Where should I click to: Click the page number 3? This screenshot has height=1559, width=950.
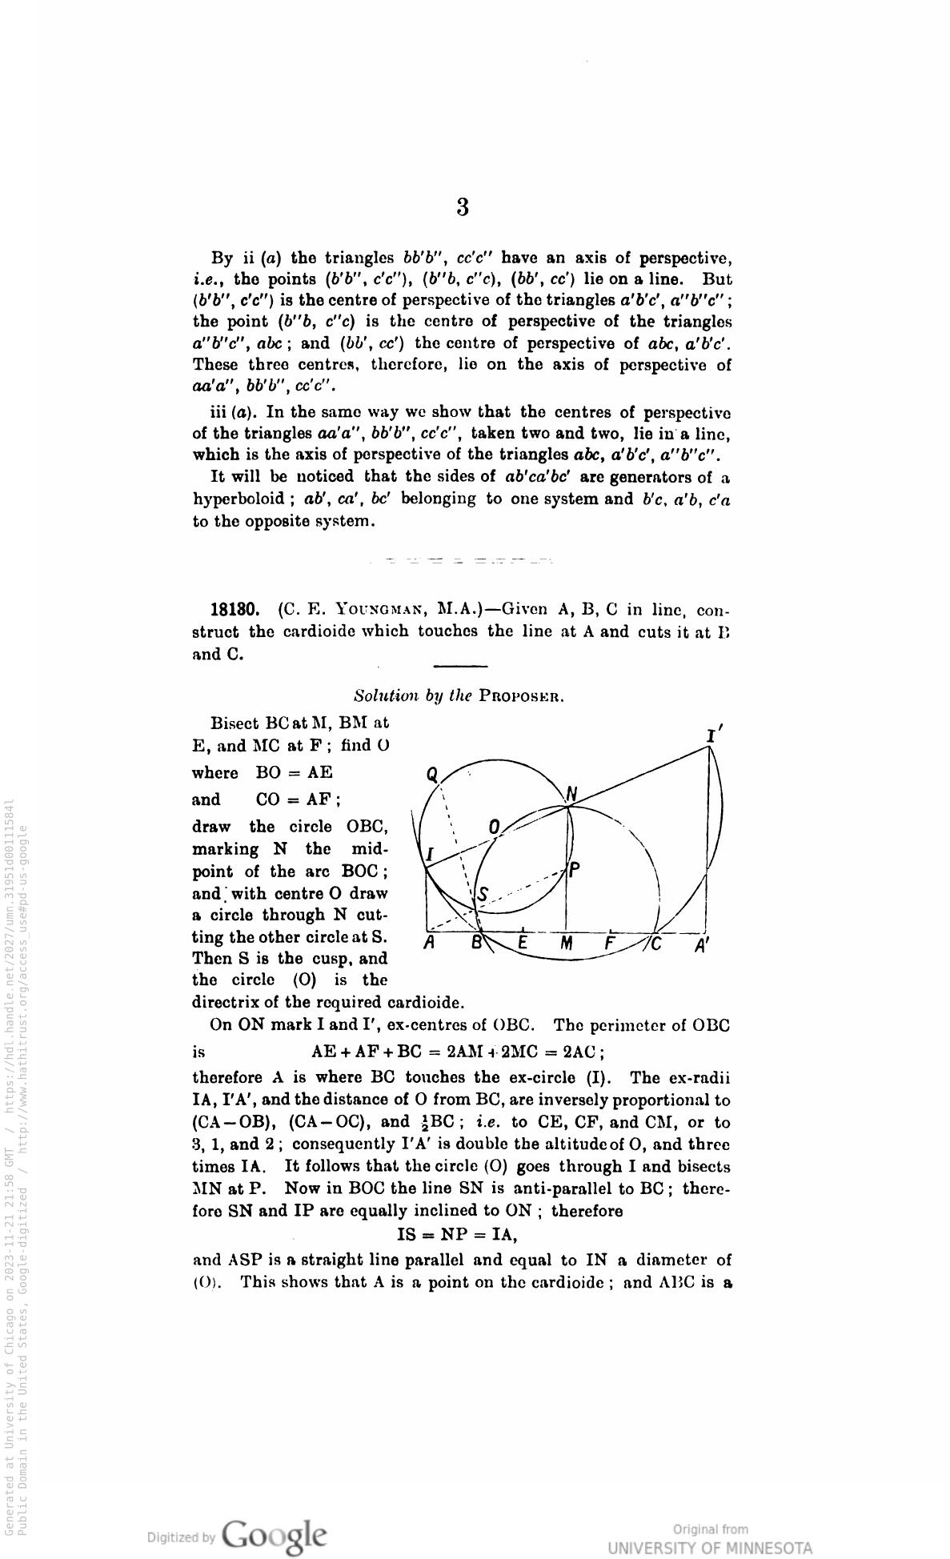(462, 208)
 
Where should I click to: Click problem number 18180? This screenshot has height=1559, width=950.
(232, 607)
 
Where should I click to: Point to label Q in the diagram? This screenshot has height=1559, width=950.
(432, 774)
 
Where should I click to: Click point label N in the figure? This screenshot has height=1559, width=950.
(571, 794)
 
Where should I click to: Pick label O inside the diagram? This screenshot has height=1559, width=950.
(494, 826)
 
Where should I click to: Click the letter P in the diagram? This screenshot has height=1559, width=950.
(575, 870)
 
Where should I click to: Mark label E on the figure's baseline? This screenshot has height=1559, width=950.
(522, 943)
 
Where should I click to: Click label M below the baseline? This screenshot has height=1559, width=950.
(566, 944)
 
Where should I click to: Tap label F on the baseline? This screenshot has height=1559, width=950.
(609, 943)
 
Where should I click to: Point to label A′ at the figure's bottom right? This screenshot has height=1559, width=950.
(702, 944)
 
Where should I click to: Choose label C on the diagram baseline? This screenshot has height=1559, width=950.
(657, 944)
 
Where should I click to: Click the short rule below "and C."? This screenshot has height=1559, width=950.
(459, 666)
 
